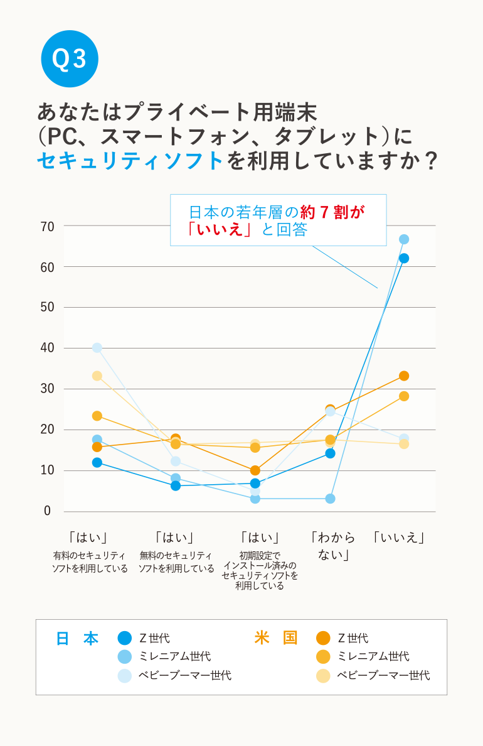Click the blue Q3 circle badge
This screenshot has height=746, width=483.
70,58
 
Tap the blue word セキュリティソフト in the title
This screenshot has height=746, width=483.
130,161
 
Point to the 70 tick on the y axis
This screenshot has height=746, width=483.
48,226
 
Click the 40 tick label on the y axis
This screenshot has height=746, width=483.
48,348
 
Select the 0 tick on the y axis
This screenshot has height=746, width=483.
48,511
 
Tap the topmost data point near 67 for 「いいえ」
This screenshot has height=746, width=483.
404,239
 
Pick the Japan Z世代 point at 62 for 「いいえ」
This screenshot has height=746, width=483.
404,258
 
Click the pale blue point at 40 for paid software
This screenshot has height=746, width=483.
97,348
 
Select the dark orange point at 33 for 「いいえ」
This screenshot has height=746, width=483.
404,376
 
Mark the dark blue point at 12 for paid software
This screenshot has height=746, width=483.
97,463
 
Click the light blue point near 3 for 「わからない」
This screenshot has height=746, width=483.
330,499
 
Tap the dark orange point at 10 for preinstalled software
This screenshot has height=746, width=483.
255,470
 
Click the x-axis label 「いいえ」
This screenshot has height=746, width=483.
399,538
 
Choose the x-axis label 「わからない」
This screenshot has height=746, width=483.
332,546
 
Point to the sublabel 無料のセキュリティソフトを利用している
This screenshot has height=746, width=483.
176,562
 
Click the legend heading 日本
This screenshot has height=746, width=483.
77,639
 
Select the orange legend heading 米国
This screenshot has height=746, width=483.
276,639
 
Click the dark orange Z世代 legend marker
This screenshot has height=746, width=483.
323,639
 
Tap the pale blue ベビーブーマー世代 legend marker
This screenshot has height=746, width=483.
125,676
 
